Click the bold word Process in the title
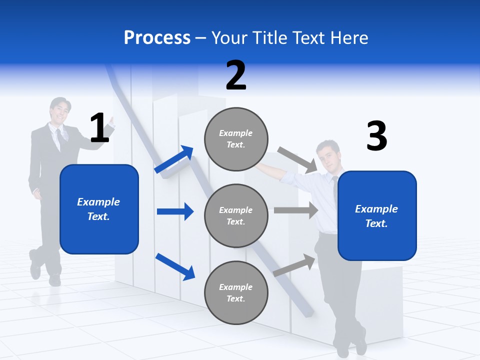(157, 38)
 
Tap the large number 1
(99, 128)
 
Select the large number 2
(236, 75)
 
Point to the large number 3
(376, 136)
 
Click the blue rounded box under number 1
(99, 209)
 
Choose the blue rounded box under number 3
(377, 215)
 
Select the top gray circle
(236, 138)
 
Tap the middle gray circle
(236, 215)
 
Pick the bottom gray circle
(236, 292)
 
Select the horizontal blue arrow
(175, 211)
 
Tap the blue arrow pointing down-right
(175, 266)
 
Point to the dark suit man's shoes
(42, 272)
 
